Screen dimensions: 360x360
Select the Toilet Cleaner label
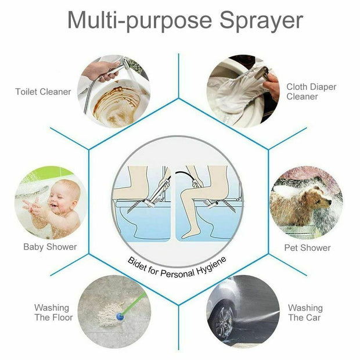43,92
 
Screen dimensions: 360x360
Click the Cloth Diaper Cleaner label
311,92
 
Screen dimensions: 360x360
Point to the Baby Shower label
50,247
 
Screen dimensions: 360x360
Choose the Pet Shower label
307,248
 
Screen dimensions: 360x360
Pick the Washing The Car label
305,312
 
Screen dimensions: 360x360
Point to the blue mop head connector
120,317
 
